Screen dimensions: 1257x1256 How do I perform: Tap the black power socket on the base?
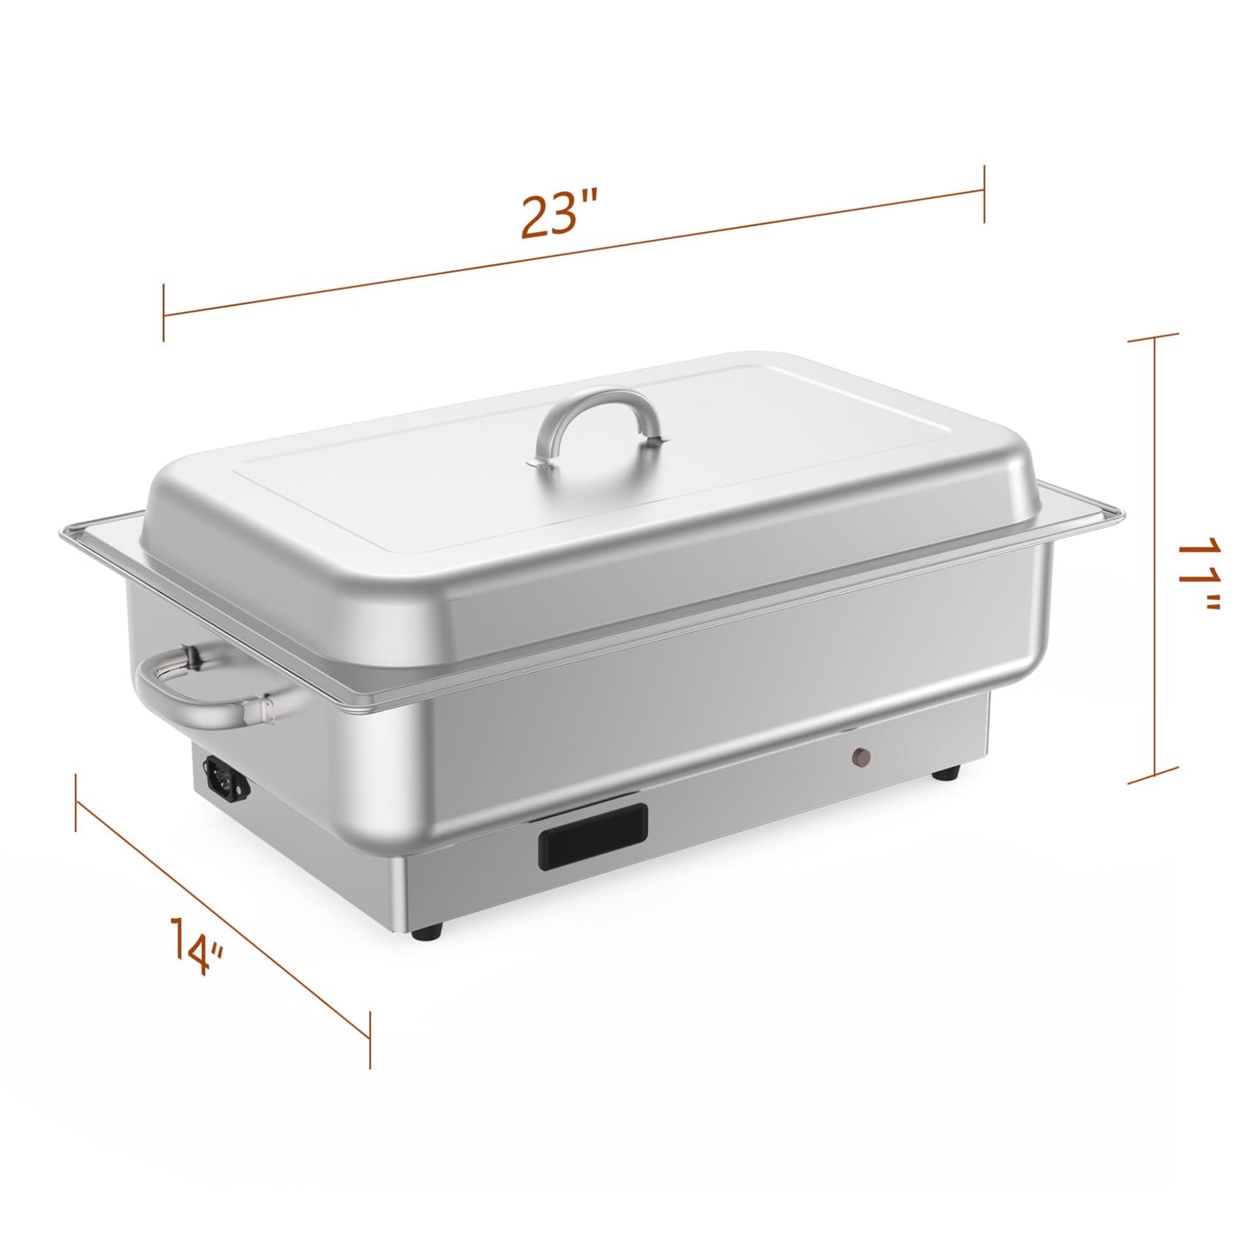click(226, 776)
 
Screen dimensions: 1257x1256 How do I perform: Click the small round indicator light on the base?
click(863, 757)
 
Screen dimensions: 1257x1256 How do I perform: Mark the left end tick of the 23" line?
click(163, 312)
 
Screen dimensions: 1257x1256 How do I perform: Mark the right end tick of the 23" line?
click(983, 193)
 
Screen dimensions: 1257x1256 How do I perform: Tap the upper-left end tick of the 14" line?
click(77, 802)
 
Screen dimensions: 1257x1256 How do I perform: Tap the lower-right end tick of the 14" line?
click(370, 1040)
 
